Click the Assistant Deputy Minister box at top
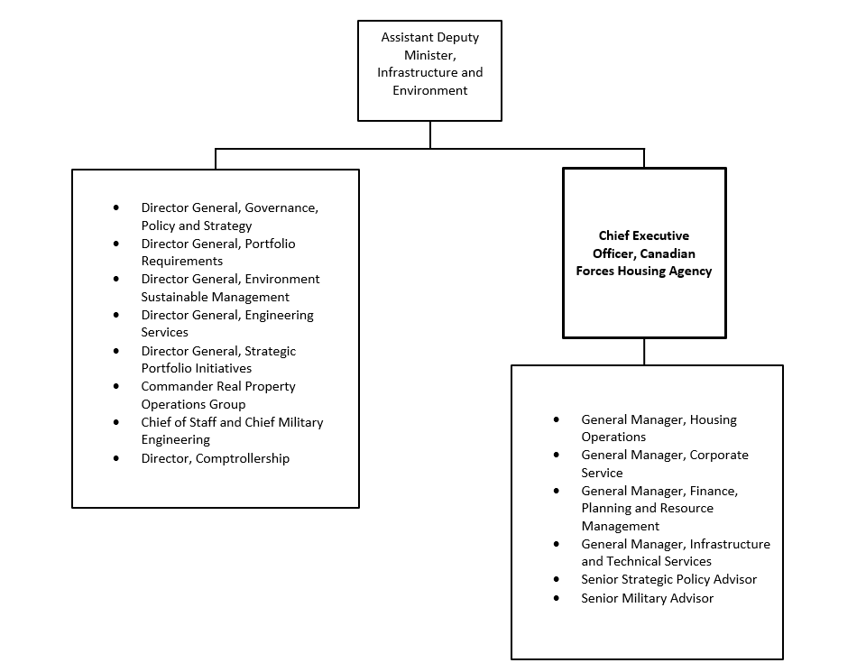pyautogui.click(x=429, y=70)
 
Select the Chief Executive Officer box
pyautogui.click(x=644, y=253)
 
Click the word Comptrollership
pyautogui.click(x=243, y=458)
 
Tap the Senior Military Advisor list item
pyautogui.click(x=647, y=598)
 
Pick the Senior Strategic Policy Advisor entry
pyautogui.click(x=668, y=579)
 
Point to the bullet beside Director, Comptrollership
pyautogui.click(x=116, y=458)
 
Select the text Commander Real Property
pyautogui.click(x=218, y=386)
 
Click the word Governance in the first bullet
pyautogui.click(x=280, y=207)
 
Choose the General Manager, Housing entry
pyautogui.click(x=659, y=419)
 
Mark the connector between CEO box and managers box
pyautogui.click(x=644, y=352)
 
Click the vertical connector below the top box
pyautogui.click(x=429, y=134)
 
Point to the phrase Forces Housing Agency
pyautogui.click(x=644, y=271)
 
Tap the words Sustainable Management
pyautogui.click(x=215, y=297)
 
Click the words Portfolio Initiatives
pyautogui.click(x=196, y=368)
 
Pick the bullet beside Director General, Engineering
pyautogui.click(x=116, y=315)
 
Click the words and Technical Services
pyautogui.click(x=646, y=561)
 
